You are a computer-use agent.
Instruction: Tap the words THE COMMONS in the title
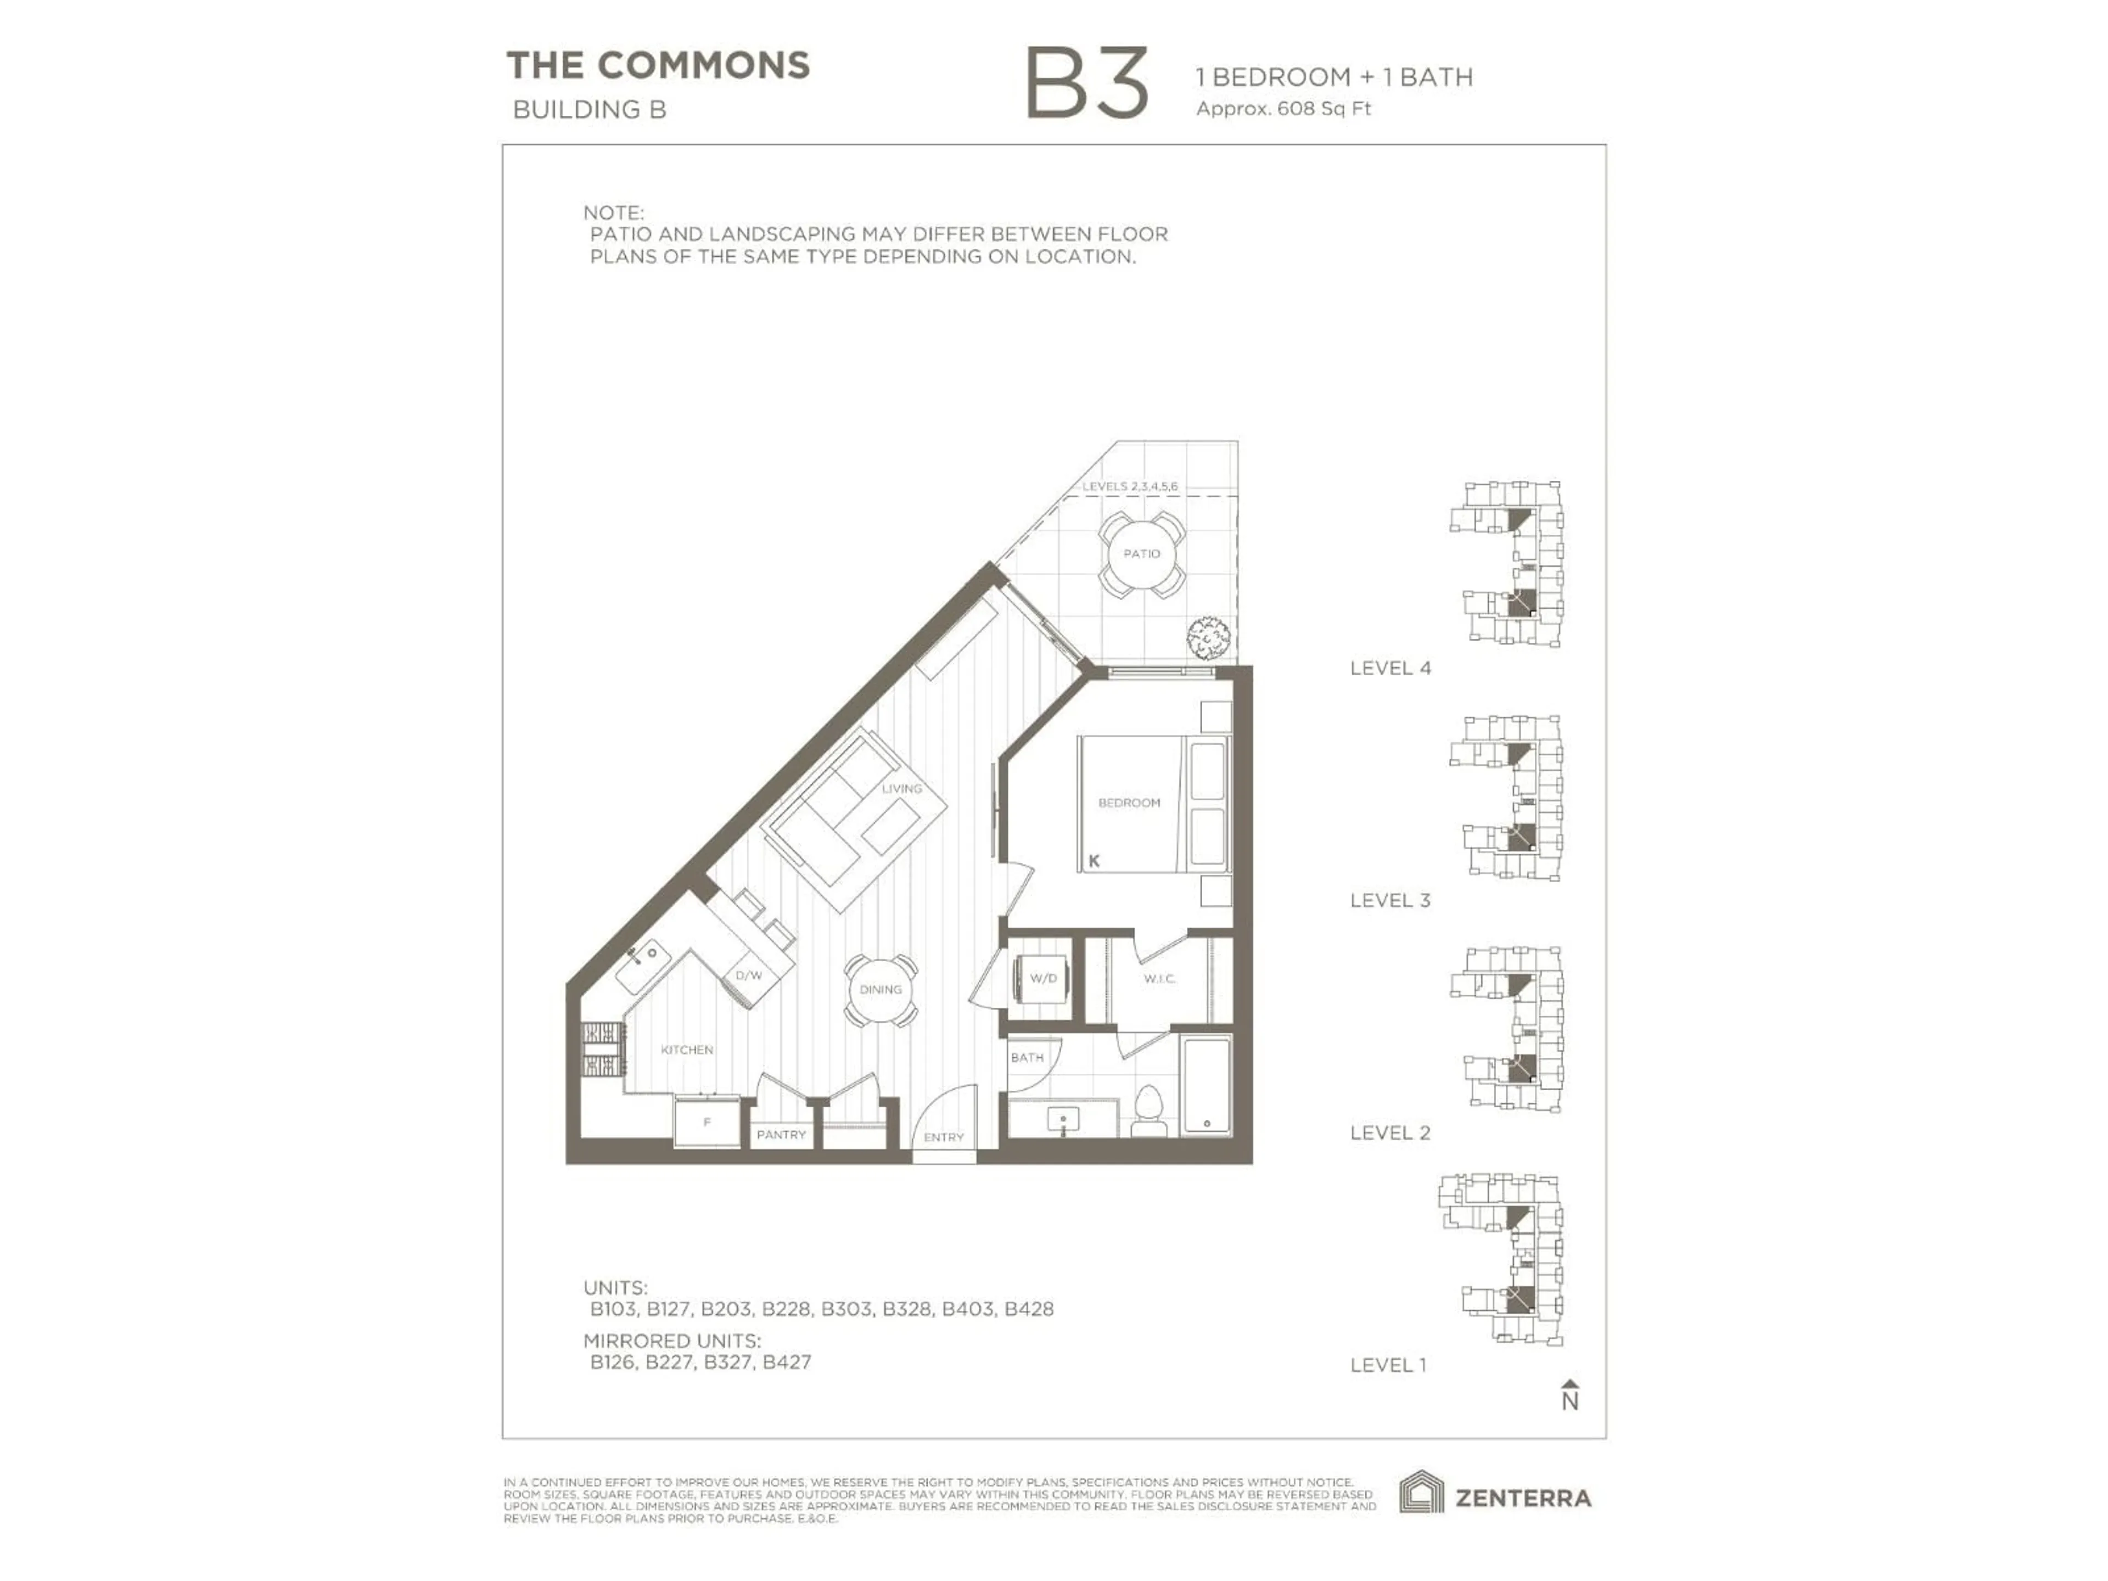(x=658, y=66)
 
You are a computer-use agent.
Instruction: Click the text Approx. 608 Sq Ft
(x=1283, y=109)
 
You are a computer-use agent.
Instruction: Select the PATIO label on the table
(x=1142, y=554)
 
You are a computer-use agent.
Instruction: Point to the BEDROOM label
(x=1129, y=803)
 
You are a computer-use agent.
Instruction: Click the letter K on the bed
(x=1094, y=861)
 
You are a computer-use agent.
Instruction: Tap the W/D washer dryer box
(x=1044, y=979)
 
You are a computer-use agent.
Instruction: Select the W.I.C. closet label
(x=1160, y=979)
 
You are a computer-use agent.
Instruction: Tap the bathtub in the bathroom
(x=1207, y=1086)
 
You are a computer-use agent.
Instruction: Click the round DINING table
(x=881, y=990)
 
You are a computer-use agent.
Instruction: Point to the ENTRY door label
(x=944, y=1137)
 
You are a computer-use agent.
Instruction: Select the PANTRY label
(x=782, y=1135)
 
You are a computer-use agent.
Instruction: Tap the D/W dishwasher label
(x=749, y=976)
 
